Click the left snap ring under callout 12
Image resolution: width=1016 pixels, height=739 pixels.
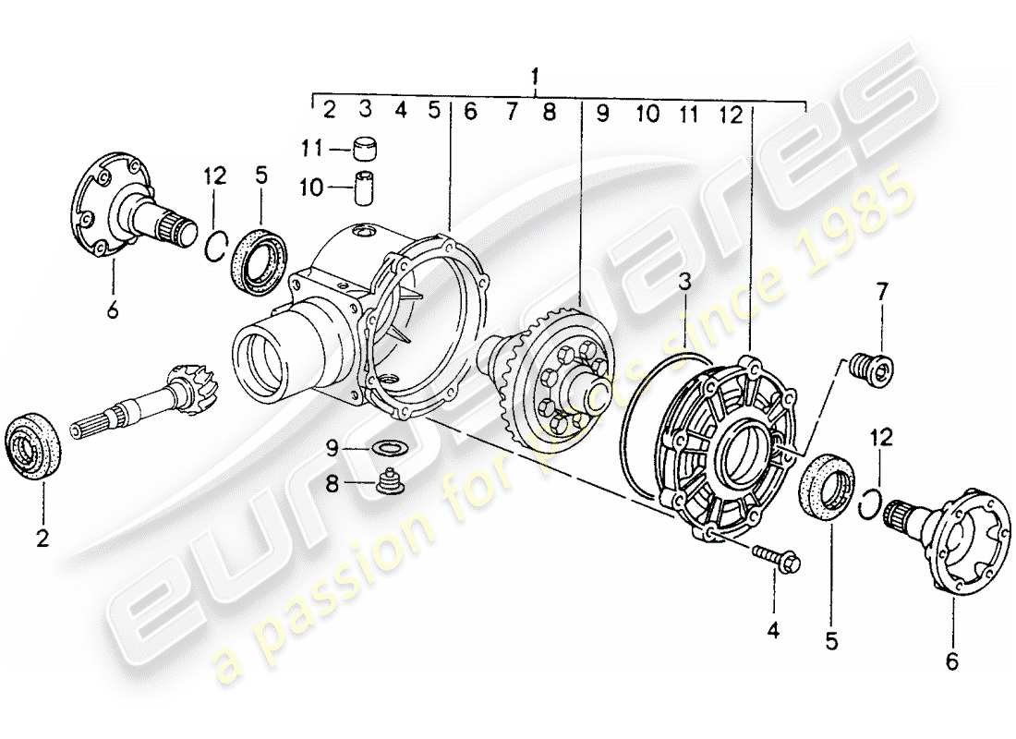(215, 247)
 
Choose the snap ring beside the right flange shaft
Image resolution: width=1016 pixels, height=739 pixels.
(869, 504)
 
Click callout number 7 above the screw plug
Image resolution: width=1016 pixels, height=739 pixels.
(881, 292)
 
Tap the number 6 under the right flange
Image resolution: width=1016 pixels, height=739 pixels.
(952, 661)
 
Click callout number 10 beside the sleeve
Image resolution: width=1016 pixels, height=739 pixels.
(310, 188)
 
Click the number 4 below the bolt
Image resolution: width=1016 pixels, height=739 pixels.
(772, 631)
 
